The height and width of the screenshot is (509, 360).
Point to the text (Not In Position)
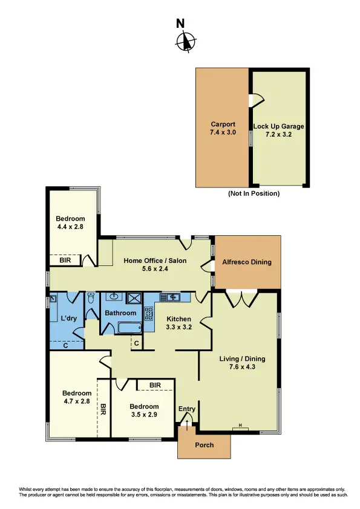pos(254,193)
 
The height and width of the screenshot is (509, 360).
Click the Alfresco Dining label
pos(248,262)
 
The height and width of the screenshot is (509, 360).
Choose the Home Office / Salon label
pos(155,261)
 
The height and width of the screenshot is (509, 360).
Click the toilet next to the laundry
pos(91,299)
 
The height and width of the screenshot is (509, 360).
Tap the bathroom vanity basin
pos(113,297)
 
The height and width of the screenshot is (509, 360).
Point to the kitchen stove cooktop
pos(149,314)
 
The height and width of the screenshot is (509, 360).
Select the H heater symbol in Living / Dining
pos(241,427)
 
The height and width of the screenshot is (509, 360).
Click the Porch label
pos(204,446)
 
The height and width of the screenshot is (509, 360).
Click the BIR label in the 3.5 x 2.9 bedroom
pos(155,384)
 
